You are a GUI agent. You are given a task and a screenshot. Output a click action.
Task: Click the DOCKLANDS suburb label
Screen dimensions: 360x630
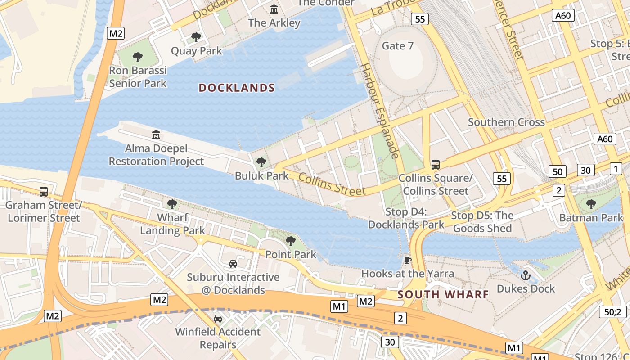pos(237,88)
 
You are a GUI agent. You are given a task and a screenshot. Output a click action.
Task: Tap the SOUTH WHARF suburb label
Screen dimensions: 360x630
pos(443,295)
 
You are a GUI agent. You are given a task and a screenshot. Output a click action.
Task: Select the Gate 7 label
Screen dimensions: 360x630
pos(397,46)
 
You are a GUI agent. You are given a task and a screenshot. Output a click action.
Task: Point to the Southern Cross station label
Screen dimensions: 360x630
pos(506,122)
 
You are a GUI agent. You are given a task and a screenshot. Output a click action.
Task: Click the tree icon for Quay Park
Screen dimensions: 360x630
pos(196,37)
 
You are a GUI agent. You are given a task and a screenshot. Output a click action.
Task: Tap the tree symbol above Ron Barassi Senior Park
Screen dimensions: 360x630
pos(138,57)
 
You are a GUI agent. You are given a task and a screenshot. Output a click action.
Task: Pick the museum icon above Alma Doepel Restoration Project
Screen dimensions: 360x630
pos(156,135)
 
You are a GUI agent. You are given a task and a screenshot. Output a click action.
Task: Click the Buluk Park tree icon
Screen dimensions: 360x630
pos(261,162)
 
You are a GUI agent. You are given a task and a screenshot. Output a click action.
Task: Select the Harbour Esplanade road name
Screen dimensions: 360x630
pos(381,111)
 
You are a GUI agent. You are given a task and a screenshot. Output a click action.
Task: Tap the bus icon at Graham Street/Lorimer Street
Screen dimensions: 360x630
pos(44,192)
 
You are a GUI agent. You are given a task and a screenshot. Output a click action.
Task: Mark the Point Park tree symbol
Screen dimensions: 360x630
pos(291,241)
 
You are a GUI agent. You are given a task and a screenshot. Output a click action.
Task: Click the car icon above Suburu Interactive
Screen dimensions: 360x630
pos(233,264)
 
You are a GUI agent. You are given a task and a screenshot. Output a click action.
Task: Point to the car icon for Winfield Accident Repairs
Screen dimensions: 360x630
pos(218,319)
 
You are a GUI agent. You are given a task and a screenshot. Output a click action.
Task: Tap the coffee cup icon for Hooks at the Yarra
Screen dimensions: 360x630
pos(408,260)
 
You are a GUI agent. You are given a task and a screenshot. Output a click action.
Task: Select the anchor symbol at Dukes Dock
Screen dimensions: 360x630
pos(526,275)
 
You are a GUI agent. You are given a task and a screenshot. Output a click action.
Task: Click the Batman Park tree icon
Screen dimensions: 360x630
pos(591,204)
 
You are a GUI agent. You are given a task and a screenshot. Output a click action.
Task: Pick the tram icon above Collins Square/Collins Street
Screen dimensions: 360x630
pos(436,165)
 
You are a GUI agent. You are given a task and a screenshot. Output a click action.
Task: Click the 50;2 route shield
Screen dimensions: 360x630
pos(613,312)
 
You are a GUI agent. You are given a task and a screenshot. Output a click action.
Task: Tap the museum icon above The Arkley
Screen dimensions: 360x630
pos(274,9)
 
